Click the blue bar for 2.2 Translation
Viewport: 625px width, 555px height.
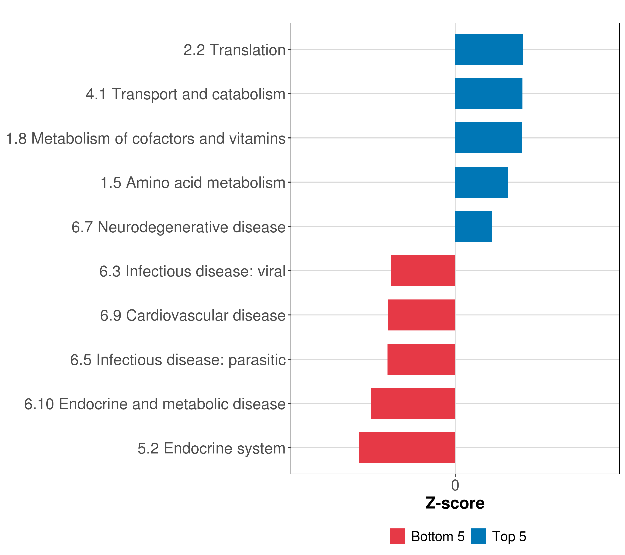point(489,49)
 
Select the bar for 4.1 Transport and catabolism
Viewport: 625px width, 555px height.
point(488,94)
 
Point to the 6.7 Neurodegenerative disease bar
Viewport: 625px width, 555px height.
point(473,226)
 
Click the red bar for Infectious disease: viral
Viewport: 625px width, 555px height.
point(423,271)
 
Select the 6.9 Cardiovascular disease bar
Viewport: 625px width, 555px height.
point(421,315)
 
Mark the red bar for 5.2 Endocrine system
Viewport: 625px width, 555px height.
point(407,448)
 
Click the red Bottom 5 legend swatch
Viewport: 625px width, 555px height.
point(397,536)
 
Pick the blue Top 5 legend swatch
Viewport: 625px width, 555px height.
point(478,536)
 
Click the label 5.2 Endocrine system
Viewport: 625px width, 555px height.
point(211,448)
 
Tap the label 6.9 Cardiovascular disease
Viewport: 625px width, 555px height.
point(193,315)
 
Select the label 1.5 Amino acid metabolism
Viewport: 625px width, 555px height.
point(193,183)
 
